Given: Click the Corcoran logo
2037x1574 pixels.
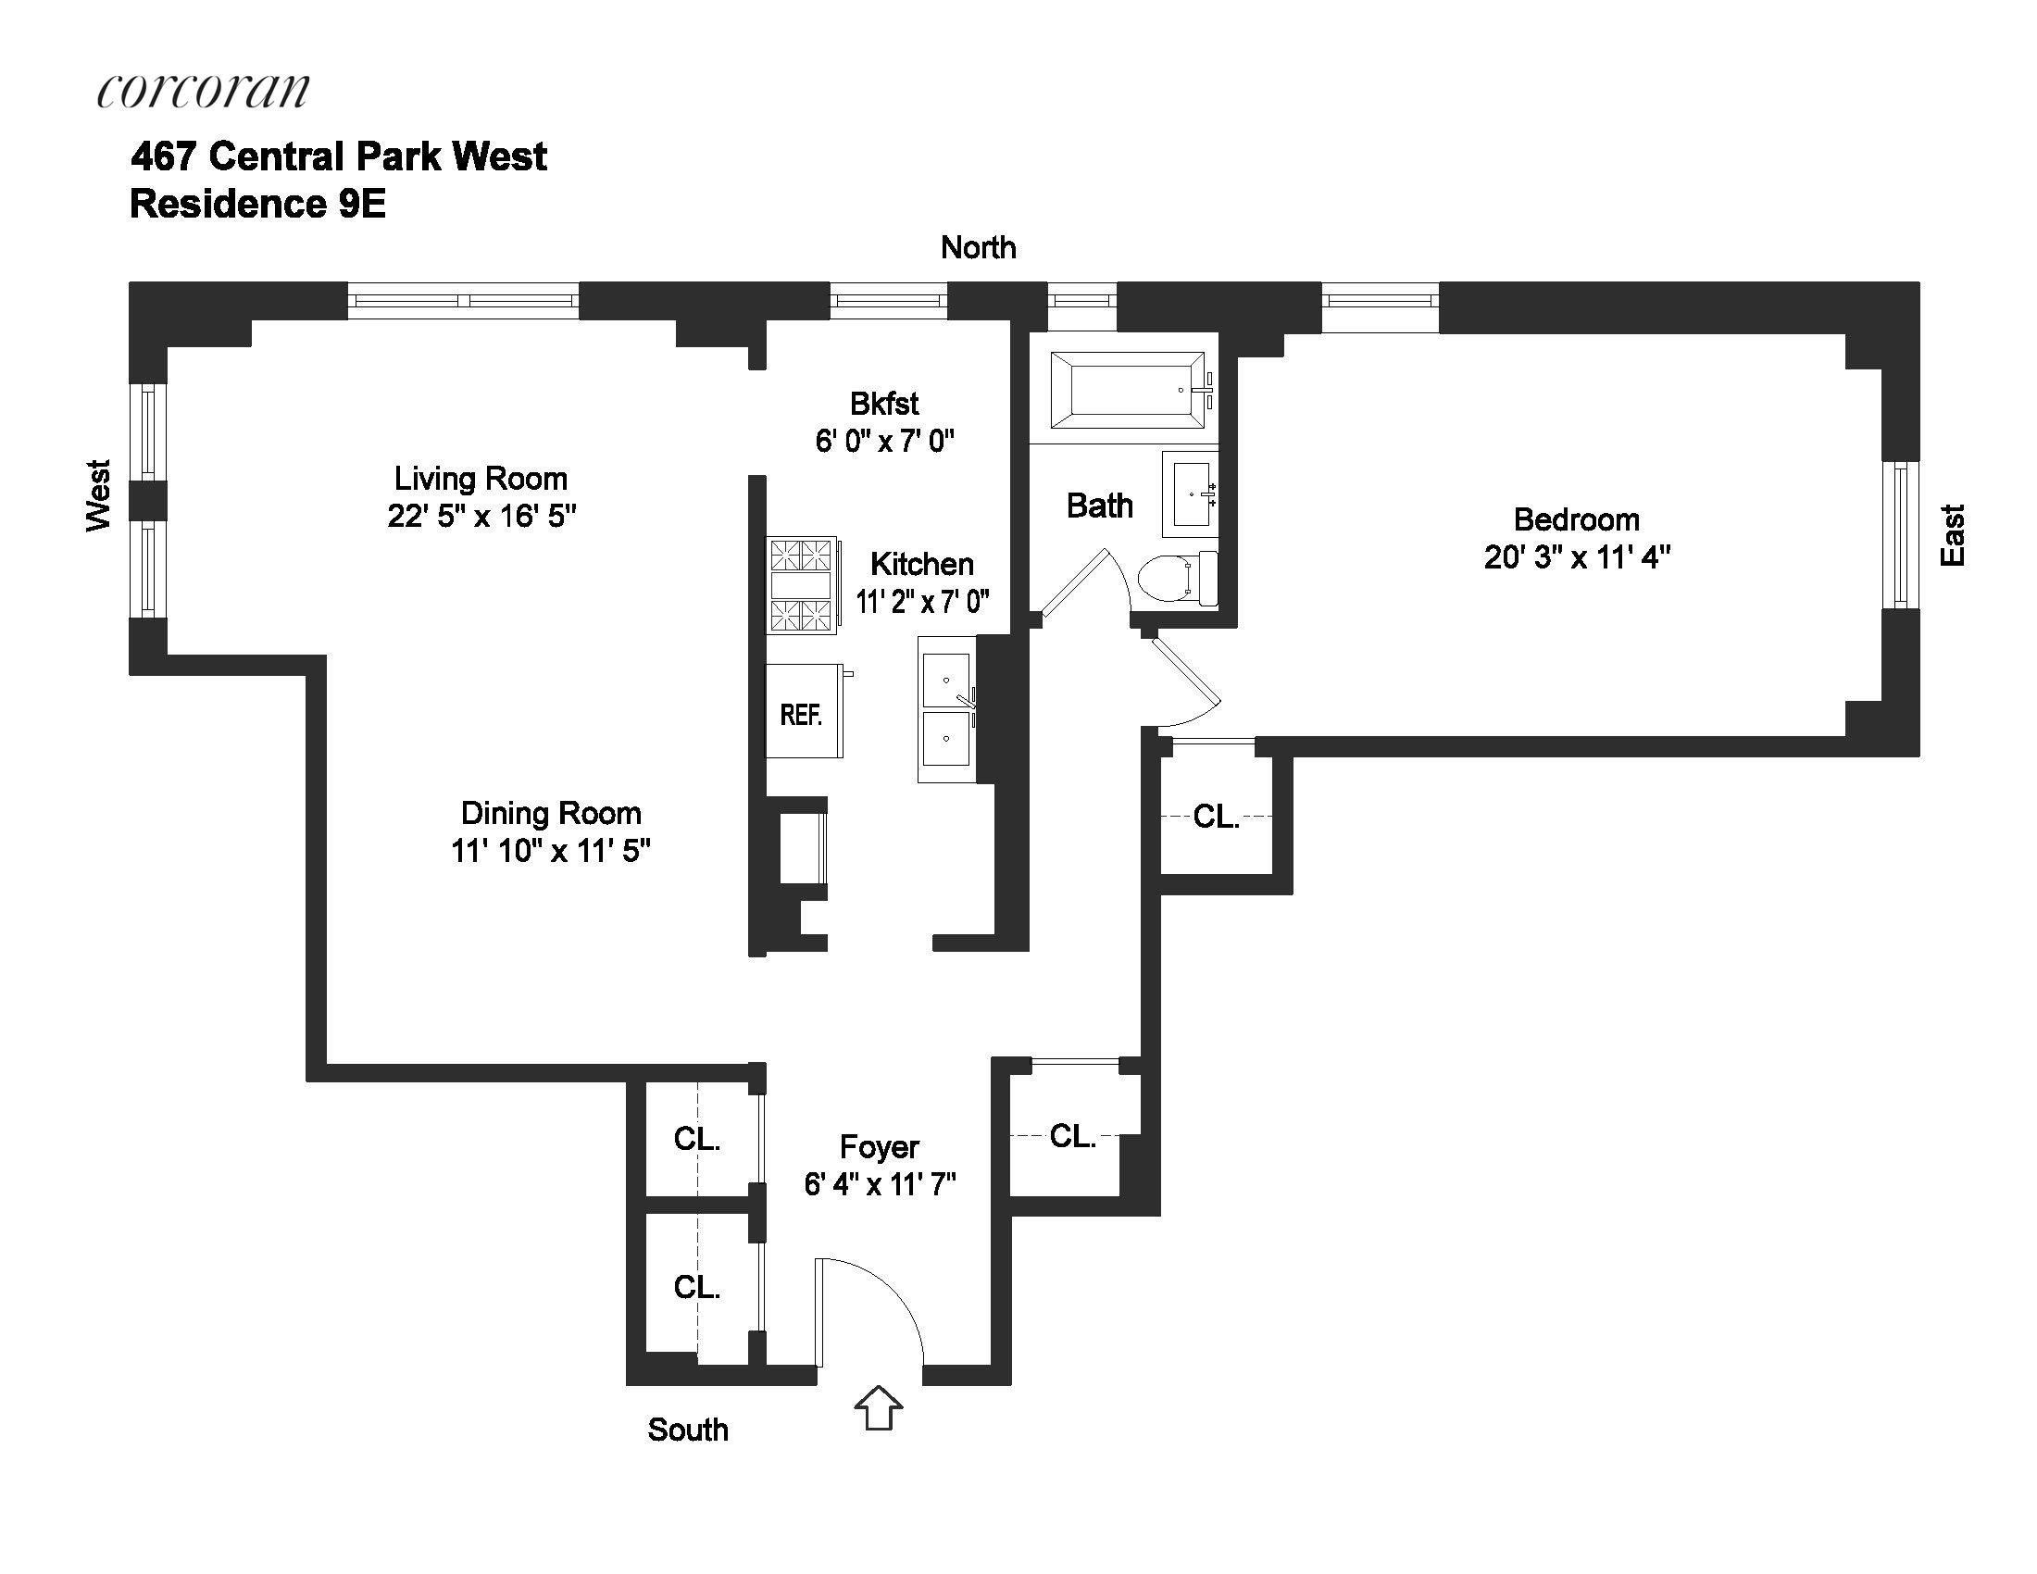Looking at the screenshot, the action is [x=203, y=91].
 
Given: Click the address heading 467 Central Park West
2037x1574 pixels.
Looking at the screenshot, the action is [x=339, y=156].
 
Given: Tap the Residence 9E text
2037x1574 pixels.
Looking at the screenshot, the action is [x=257, y=205].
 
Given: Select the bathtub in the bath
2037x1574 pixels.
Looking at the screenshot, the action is [x=1128, y=390].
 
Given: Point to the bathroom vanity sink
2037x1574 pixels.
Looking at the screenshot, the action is [x=1190, y=494].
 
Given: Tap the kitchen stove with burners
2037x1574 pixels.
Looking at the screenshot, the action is [x=802, y=585].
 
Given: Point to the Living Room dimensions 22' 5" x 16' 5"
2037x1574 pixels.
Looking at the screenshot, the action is [x=481, y=516].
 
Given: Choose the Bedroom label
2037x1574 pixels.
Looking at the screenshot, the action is [x=1576, y=519].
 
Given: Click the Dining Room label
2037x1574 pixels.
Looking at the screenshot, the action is [x=550, y=813].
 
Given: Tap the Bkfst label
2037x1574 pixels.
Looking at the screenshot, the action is [x=884, y=404].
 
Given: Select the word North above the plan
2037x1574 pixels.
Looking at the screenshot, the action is [x=978, y=247].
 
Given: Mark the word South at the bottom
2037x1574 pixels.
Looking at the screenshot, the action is [x=687, y=1430].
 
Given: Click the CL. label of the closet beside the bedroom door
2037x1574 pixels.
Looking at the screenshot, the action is [x=1217, y=817].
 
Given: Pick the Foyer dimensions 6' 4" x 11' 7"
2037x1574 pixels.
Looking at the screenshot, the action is [x=880, y=1184].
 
